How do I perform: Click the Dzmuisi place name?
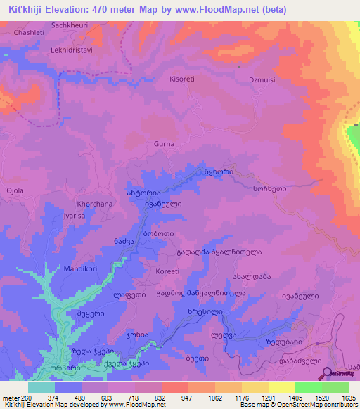(x=262, y=80)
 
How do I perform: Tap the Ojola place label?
(x=15, y=190)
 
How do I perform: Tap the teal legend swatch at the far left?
(x=41, y=387)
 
